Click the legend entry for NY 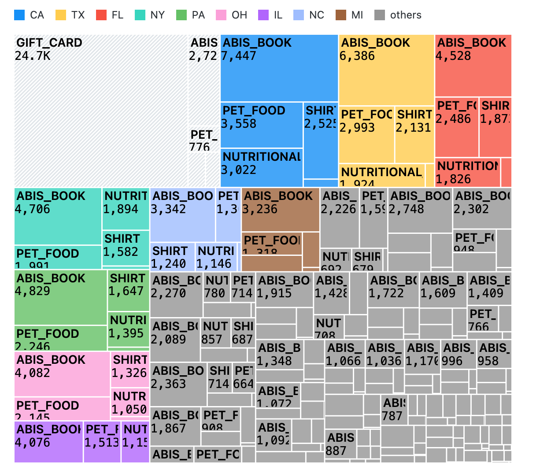[149, 15]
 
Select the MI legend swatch [340, 15]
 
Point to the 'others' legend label [405, 15]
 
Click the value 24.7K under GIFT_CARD [33, 56]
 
